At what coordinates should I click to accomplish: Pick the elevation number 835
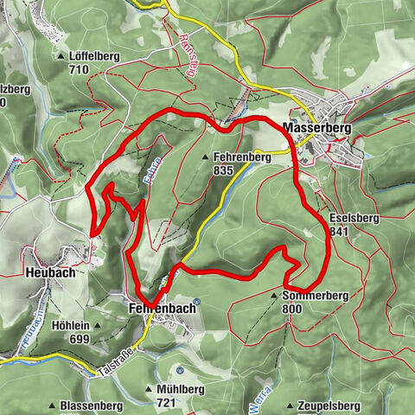[x=224, y=171]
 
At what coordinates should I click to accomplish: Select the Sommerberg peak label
[x=315, y=295]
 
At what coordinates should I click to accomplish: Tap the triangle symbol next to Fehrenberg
[x=205, y=158]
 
